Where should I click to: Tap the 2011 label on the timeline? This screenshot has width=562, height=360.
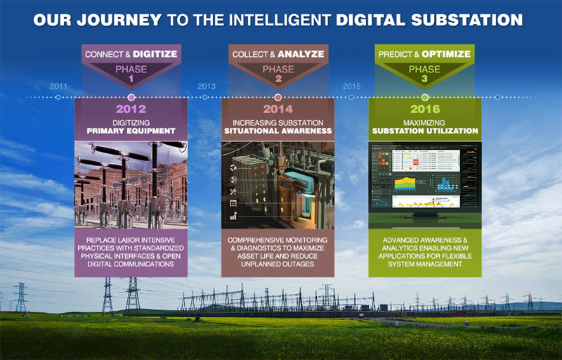pos(59,86)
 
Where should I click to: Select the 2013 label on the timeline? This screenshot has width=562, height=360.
pos(207,86)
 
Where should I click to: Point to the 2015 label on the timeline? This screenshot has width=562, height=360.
pos(352,86)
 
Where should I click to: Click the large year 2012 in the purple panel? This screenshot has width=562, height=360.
pos(131,109)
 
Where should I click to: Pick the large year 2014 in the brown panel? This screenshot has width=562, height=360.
pos(277,109)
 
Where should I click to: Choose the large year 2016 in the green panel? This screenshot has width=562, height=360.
pos(425,109)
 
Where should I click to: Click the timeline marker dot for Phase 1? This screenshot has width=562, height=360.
pos(131,96)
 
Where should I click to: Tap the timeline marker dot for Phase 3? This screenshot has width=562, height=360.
pos(425,96)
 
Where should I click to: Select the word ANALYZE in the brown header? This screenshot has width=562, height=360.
pos(300,53)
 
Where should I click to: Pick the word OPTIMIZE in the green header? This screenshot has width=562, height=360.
pos(447,53)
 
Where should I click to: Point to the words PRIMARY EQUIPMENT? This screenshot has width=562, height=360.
pos(131,131)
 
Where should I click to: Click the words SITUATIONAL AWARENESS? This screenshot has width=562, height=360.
pos(277,131)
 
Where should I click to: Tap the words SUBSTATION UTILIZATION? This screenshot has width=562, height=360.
pos(425,131)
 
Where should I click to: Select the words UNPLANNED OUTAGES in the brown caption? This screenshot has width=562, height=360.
pos(277,264)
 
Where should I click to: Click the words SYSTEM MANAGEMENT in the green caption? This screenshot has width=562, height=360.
pos(425,264)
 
